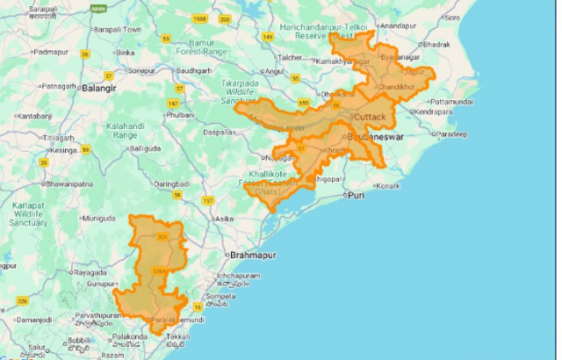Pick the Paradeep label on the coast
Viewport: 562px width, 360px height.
pos(453,134)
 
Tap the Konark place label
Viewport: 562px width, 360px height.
pos(387,186)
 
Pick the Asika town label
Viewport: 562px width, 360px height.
pos(224,218)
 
